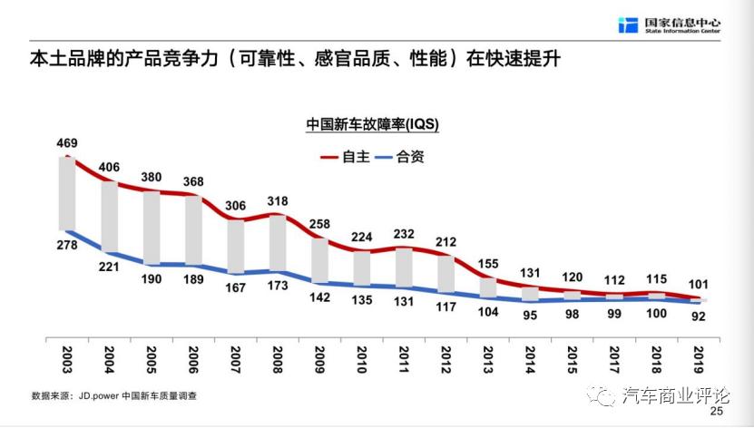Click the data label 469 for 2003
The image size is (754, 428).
66,143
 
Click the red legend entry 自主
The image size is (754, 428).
345,156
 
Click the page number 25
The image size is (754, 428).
716,413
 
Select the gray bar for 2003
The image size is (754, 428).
66,193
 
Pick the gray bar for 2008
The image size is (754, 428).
278,243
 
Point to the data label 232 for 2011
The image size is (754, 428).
405,234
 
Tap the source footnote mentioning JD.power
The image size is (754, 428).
114,396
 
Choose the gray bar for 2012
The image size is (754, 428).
446,273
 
